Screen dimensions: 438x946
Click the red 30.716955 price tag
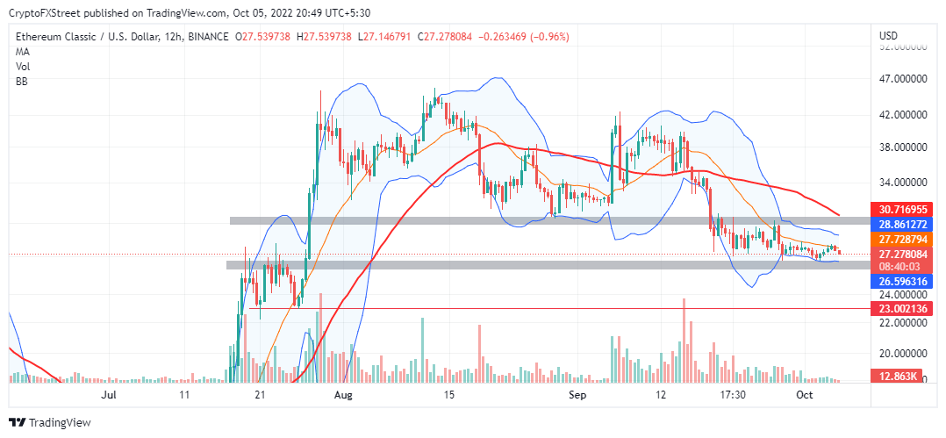point(901,210)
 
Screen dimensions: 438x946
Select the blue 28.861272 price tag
point(901,224)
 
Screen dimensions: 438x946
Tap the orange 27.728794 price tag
point(901,239)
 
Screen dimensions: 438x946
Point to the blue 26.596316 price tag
point(901,281)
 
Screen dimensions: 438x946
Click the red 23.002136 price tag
point(901,309)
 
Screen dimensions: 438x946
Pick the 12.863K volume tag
point(901,377)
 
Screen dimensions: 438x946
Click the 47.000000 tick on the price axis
point(903,78)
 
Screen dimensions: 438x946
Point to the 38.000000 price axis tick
point(903,147)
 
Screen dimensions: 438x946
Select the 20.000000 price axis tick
point(903,353)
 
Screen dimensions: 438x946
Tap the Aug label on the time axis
point(344,396)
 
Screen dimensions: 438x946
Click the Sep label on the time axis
point(577,396)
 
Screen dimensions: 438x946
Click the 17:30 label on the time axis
point(733,396)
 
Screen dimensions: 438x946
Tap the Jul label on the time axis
point(109,396)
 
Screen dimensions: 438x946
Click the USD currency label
point(888,36)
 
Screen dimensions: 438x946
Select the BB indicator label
point(21,81)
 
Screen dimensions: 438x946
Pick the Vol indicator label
point(22,66)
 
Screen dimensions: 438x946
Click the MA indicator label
point(22,51)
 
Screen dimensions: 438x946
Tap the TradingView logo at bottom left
point(50,422)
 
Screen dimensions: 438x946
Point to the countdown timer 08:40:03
point(901,266)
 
